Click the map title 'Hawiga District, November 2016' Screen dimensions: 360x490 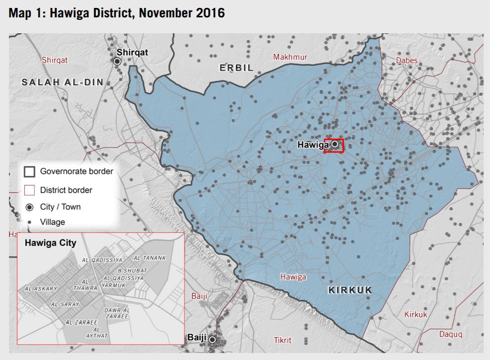point(117,13)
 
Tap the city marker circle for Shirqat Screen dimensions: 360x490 point(117,61)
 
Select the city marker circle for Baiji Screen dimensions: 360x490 point(213,340)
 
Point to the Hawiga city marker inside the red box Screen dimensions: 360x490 point(335,144)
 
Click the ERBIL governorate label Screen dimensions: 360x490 point(237,68)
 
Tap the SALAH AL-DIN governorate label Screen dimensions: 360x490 point(62,82)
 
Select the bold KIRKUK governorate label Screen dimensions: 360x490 point(350,290)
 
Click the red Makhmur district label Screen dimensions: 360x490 point(290,57)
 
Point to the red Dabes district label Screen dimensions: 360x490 point(407,61)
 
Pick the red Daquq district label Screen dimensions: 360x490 point(450,334)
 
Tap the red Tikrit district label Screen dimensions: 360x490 point(283,340)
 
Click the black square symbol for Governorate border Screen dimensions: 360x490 point(29,172)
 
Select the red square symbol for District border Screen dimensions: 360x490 point(29,190)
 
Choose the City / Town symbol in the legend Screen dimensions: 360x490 point(29,207)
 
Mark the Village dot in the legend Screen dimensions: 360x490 point(29,222)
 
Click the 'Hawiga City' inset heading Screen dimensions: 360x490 point(50,243)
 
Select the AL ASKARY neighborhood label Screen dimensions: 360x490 point(41,288)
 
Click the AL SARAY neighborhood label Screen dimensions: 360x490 point(65,304)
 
